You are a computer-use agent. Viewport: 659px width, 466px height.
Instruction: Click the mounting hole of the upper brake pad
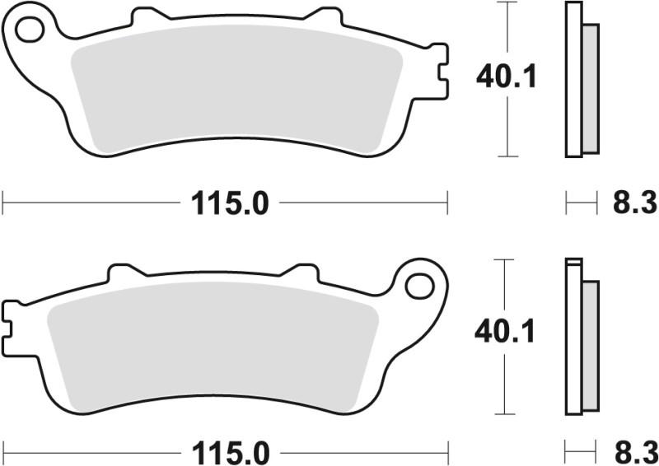[x=30, y=30]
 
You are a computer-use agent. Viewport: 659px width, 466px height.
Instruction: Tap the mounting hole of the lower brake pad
[x=419, y=286]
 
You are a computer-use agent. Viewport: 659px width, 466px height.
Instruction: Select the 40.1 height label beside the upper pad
[x=507, y=77]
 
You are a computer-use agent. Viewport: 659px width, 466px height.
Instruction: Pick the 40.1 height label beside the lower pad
[x=506, y=332]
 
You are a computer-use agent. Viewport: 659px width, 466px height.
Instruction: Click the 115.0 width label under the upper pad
[x=231, y=203]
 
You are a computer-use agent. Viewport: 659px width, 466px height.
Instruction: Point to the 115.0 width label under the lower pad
[x=231, y=453]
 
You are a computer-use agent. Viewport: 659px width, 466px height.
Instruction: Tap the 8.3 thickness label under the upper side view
[x=633, y=203]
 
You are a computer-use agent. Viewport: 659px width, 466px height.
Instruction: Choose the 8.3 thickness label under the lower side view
[x=633, y=453]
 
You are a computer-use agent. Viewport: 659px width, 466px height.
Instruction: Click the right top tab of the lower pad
[x=300, y=272]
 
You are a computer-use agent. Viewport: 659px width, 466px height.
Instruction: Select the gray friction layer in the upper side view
[x=591, y=89]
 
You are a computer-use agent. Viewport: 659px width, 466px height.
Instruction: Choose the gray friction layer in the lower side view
[x=591, y=346]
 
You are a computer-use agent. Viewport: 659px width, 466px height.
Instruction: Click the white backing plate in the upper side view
[x=573, y=79]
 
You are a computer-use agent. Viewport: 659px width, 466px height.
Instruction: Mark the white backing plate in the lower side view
[x=573, y=338]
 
